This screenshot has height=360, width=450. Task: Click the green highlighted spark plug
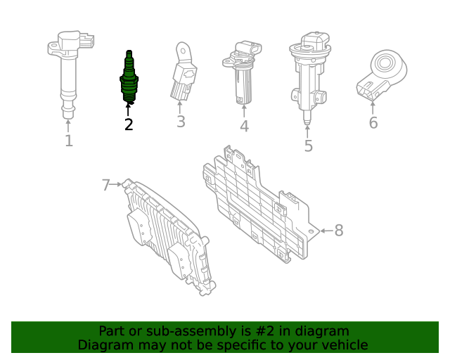pyautogui.click(x=128, y=79)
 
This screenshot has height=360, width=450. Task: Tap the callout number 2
pyautogui.click(x=128, y=125)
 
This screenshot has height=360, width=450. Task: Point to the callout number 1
pyautogui.click(x=68, y=141)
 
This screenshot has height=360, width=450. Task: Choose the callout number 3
pyautogui.click(x=181, y=122)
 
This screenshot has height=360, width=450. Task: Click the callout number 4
pyautogui.click(x=244, y=127)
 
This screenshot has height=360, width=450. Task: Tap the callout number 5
pyautogui.click(x=308, y=146)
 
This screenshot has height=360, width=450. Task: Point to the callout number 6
pyautogui.click(x=373, y=123)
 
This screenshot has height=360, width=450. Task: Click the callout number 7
pyautogui.click(x=106, y=185)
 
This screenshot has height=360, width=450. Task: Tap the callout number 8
pyautogui.click(x=338, y=230)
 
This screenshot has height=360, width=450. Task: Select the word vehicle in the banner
pyautogui.click(x=344, y=345)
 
